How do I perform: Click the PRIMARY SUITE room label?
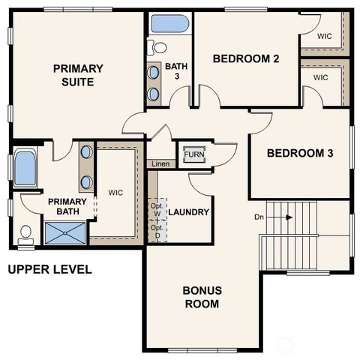(78, 75)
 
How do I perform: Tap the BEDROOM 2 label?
(246, 58)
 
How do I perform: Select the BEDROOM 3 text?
(300, 154)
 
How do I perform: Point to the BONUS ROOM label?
(202, 297)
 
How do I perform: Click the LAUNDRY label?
(188, 212)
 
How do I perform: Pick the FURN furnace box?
(194, 154)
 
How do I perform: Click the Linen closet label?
(160, 163)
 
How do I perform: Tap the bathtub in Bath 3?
(170, 23)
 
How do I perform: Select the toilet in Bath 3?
(158, 47)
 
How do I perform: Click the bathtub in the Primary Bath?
(25, 168)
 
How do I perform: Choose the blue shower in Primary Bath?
(65, 233)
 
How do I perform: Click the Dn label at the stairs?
(259, 217)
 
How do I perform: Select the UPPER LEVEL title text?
(49, 269)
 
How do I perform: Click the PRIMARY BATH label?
(67, 207)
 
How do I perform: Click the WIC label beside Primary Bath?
(115, 193)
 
